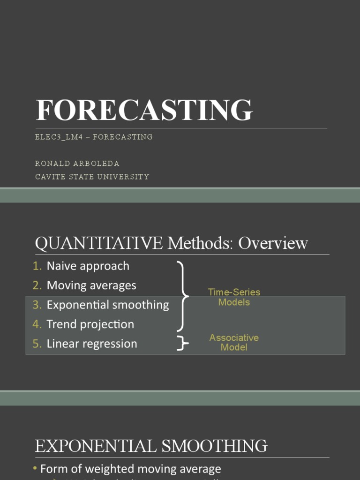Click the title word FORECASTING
click(144, 111)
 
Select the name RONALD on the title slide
click(52, 164)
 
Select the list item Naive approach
click(88, 266)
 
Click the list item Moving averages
click(91, 285)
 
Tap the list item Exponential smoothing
click(108, 305)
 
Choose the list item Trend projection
click(90, 324)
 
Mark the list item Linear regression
click(92, 344)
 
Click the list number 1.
click(37, 266)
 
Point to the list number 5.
click(37, 344)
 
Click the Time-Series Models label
click(234, 297)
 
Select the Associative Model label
click(234, 342)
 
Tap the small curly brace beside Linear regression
click(182, 344)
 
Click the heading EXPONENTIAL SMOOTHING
click(151, 445)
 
